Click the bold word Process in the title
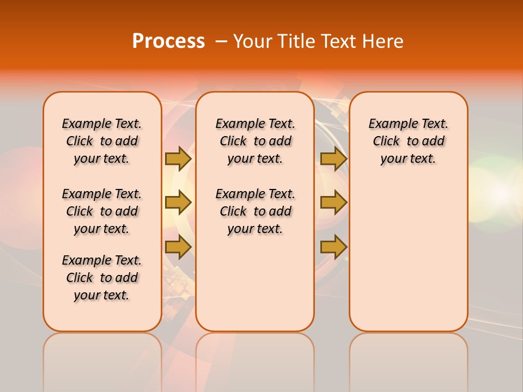coord(168,41)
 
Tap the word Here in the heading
coord(384,41)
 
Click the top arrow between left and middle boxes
coord(178,158)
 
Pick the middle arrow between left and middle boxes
coord(178,203)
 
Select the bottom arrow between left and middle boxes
coord(178,247)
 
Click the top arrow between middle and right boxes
coord(333,158)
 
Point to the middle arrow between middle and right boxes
coord(333,203)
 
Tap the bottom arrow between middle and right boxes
coord(333,247)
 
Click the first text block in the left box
coord(102,141)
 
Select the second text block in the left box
coord(102,211)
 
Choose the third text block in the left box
coord(102,278)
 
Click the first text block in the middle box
coord(255,141)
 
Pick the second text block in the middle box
coord(255,211)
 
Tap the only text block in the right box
coord(408,141)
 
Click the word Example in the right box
coord(389,124)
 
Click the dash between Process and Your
coord(221,41)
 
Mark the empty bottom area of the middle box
coord(255,289)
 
